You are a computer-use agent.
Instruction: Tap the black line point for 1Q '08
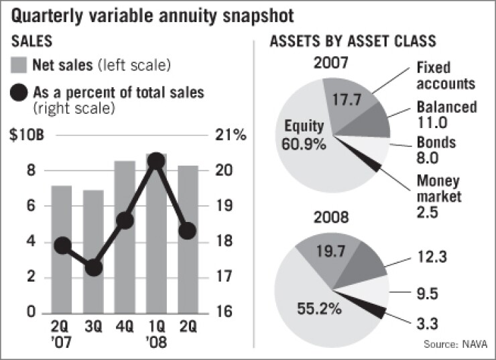pyautogui.click(x=156, y=161)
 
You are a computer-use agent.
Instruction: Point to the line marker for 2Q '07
pyautogui.click(x=62, y=246)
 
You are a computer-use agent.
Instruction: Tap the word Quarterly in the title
pyautogui.click(x=50, y=13)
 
